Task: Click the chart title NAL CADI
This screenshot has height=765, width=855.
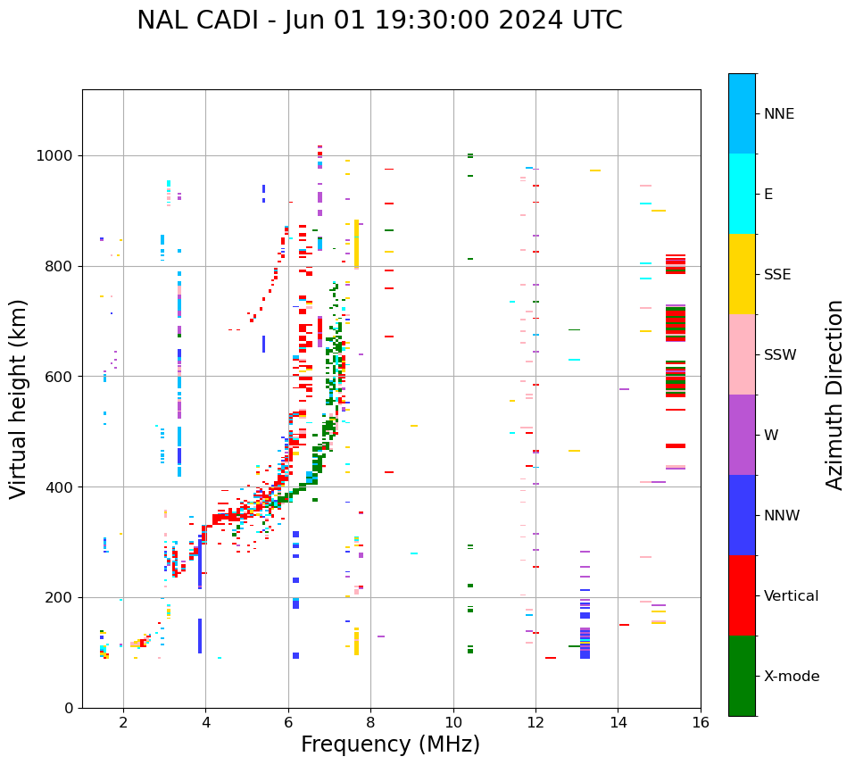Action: tap(379, 21)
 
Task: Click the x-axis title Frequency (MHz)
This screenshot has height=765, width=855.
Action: tap(390, 744)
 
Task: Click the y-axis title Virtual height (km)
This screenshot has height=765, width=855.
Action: tap(19, 398)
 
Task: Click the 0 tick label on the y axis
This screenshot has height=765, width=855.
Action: tap(69, 708)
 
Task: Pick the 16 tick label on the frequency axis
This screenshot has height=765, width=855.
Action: tap(701, 722)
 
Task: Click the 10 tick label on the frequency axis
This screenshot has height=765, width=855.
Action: tap(452, 722)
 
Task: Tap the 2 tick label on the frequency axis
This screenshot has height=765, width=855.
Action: tap(123, 722)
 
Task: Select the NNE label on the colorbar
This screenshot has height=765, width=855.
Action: tap(779, 114)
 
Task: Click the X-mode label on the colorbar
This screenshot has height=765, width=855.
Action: tap(792, 677)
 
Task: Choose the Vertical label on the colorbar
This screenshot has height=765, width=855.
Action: tap(791, 596)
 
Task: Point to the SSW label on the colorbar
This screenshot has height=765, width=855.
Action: tap(780, 355)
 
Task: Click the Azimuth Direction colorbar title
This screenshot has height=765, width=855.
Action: tap(834, 395)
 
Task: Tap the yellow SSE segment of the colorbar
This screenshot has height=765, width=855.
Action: tap(742, 274)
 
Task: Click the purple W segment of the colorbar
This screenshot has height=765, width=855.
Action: tap(742, 435)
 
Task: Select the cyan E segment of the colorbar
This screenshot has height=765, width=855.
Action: tap(742, 194)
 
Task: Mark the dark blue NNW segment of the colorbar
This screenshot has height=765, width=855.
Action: tap(742, 515)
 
